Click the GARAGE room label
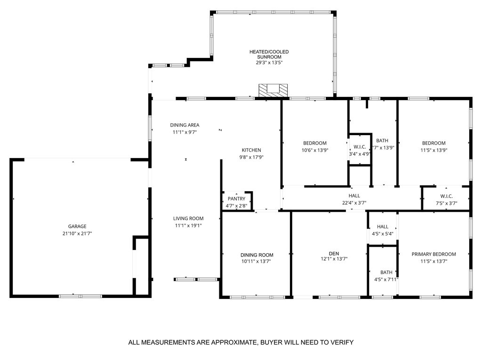(x=77, y=226)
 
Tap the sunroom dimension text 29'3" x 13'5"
(x=269, y=63)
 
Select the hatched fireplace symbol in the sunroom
(x=273, y=90)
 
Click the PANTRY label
(x=236, y=199)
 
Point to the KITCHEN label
(x=251, y=150)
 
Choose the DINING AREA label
(x=185, y=125)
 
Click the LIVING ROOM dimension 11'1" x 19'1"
(x=188, y=225)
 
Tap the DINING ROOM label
(x=257, y=255)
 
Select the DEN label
(x=334, y=254)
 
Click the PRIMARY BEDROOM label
(x=434, y=254)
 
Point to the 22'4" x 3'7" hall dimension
(x=354, y=203)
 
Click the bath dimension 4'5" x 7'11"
(x=386, y=280)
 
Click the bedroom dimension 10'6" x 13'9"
(x=315, y=150)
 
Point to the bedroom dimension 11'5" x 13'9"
(x=434, y=150)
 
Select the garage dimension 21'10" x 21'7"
(x=77, y=233)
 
